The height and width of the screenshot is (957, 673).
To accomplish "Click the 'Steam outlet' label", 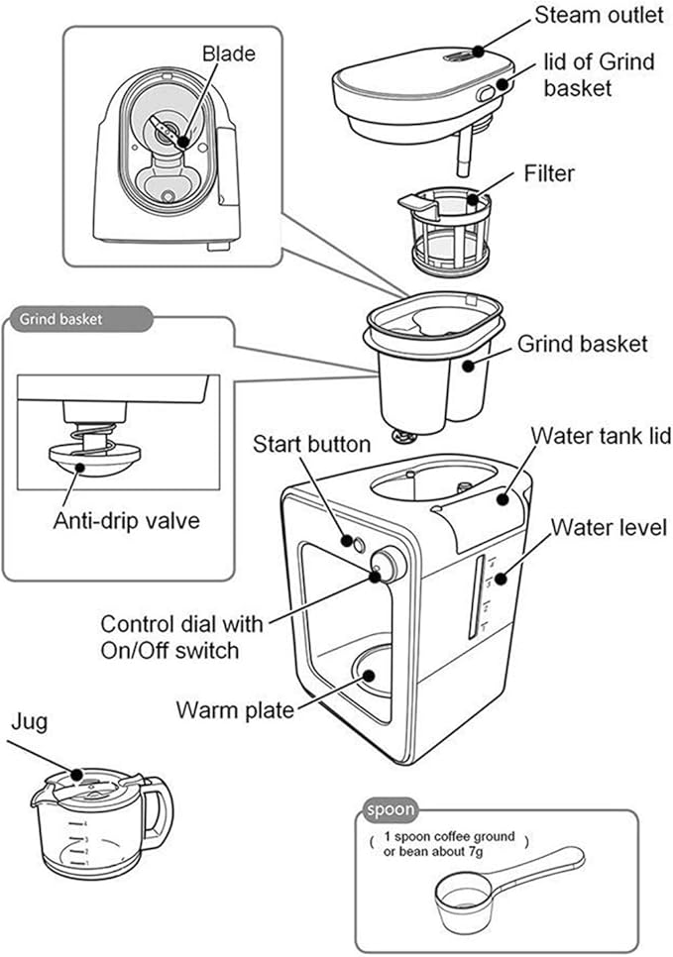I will point(600,16).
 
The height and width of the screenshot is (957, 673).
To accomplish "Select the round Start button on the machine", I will point(349,541).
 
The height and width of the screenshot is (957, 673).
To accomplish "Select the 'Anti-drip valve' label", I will point(125,520).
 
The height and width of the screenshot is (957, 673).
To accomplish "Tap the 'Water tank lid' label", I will point(602,436).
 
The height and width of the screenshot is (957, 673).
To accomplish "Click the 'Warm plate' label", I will point(234,710).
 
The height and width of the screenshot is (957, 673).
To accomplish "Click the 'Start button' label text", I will point(311,443).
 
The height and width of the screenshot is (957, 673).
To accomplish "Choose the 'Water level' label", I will point(609,526).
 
